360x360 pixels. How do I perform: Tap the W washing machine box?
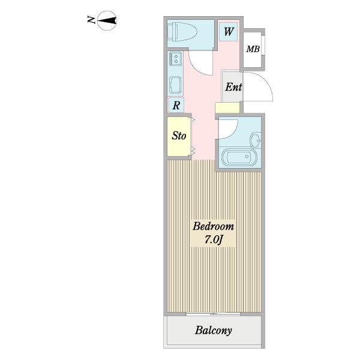228,31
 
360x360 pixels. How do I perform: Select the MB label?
253,49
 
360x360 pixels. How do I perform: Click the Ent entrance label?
233,87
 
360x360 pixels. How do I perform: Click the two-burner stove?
176,58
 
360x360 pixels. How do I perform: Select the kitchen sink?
175,85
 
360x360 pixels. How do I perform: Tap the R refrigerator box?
176,105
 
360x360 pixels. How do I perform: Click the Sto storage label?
179,136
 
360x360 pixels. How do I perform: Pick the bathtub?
239,157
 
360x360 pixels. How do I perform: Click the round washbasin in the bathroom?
256,140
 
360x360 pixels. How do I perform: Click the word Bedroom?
213,226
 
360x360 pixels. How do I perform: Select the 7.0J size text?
214,240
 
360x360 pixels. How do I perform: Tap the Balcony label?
213,331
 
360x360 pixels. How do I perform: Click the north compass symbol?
107,20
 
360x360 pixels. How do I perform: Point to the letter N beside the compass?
91,20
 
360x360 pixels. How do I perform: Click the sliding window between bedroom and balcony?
213,314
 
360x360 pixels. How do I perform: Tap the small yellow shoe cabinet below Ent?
227,107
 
